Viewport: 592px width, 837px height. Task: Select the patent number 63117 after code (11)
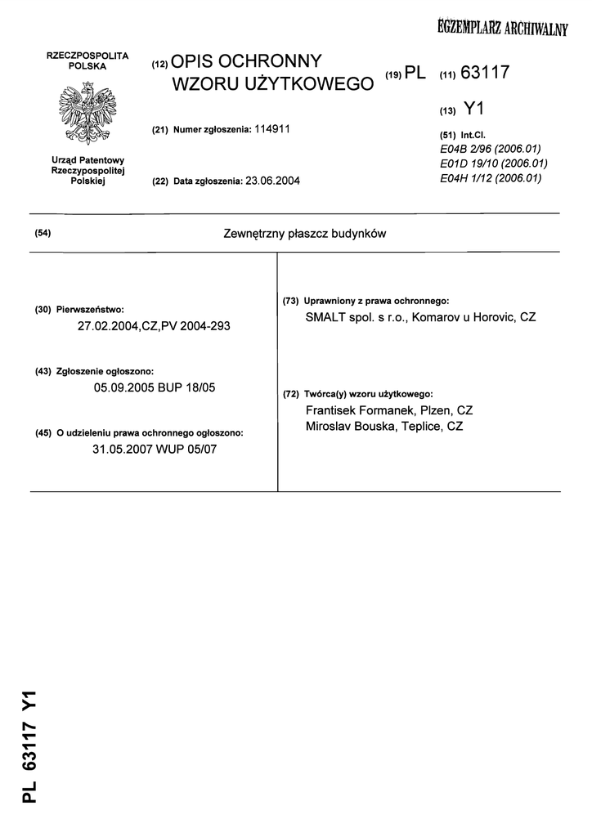[x=485, y=73]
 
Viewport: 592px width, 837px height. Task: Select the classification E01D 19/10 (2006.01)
[x=493, y=163]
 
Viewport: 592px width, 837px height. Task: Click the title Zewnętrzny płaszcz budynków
[x=303, y=234]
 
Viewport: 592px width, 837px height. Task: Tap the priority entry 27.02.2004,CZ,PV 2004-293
[x=154, y=326]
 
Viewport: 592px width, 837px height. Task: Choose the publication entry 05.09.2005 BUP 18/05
[x=155, y=388]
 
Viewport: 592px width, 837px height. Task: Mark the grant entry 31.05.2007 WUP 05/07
[x=155, y=449]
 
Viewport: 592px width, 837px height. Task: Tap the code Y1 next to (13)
[x=474, y=108]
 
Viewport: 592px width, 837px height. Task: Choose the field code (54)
[x=43, y=234]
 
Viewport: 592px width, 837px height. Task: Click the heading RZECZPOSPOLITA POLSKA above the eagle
[x=87, y=60]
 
